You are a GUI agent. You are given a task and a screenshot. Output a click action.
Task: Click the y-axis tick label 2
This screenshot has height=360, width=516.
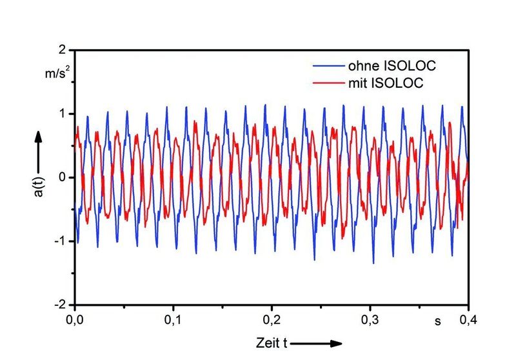63,50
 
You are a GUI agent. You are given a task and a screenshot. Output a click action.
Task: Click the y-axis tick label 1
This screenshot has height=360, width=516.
63,114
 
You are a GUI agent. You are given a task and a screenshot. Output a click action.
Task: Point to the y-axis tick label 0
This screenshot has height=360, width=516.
63,177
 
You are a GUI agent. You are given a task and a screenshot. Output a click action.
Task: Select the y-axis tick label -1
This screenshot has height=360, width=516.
61,241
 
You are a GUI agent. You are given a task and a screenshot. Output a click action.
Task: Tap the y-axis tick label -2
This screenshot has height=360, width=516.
61,304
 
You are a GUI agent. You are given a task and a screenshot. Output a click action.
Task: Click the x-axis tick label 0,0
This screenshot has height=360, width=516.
75,319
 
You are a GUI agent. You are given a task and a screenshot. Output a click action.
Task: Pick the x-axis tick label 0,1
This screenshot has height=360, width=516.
174,319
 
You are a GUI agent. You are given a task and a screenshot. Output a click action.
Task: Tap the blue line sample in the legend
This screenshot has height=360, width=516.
329,66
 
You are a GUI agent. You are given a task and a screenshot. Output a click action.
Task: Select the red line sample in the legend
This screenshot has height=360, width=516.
329,83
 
